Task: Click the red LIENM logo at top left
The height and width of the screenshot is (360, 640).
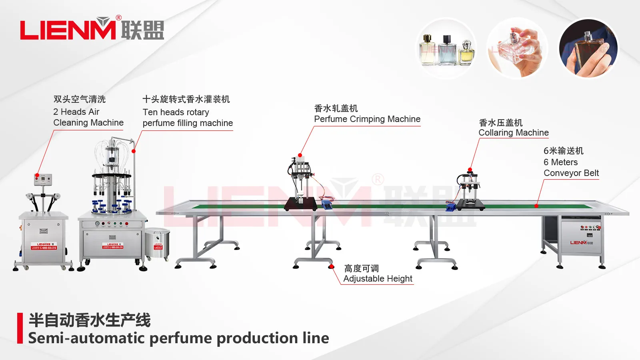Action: tap(68, 30)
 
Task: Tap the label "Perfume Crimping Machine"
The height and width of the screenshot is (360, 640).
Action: tap(367, 119)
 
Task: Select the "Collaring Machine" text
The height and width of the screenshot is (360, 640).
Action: tap(514, 133)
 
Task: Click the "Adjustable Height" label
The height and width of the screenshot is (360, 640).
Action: tap(378, 279)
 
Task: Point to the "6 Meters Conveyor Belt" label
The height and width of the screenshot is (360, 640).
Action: tap(571, 168)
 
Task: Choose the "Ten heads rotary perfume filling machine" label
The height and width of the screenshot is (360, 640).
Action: tap(188, 118)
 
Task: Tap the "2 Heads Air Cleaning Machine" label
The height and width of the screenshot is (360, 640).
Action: tap(88, 117)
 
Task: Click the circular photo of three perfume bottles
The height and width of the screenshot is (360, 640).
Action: tap(446, 48)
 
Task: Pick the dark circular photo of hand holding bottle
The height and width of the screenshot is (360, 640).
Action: tap(588, 48)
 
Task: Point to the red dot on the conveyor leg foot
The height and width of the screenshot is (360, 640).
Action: tap(331, 266)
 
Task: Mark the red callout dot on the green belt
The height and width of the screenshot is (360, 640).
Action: tap(536, 206)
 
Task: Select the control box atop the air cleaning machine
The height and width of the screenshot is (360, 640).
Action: tap(43, 180)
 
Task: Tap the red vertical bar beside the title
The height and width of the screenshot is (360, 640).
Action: tap(20, 328)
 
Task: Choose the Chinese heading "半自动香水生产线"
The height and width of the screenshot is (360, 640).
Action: tap(90, 320)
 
